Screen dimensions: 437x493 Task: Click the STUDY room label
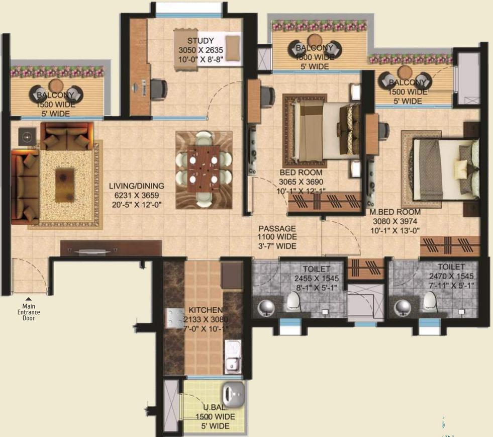201,41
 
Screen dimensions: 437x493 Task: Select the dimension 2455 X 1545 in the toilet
317,278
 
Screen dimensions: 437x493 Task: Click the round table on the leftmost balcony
56,85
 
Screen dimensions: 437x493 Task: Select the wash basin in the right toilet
403,307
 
